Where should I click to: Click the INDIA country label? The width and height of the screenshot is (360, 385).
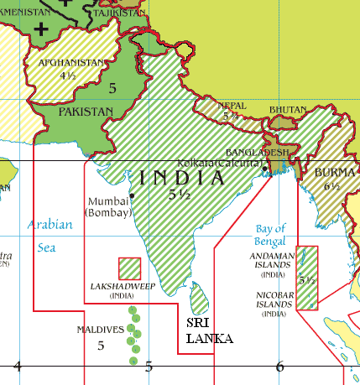click(x=182, y=178)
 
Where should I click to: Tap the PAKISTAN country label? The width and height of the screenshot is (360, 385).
click(x=85, y=111)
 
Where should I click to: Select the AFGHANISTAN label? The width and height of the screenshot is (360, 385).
click(x=71, y=62)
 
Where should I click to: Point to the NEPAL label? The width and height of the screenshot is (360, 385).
click(x=232, y=107)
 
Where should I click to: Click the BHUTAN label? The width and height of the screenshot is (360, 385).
click(x=287, y=110)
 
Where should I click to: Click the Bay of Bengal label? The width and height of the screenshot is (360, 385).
click(x=270, y=234)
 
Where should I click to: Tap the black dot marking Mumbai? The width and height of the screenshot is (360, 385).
click(x=132, y=196)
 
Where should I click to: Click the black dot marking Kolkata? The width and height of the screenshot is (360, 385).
click(x=265, y=169)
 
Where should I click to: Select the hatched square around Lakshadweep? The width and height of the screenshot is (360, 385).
click(x=129, y=268)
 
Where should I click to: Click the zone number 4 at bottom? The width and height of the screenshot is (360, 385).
click(x=16, y=366)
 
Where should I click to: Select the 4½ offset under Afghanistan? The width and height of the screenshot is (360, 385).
click(x=68, y=75)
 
